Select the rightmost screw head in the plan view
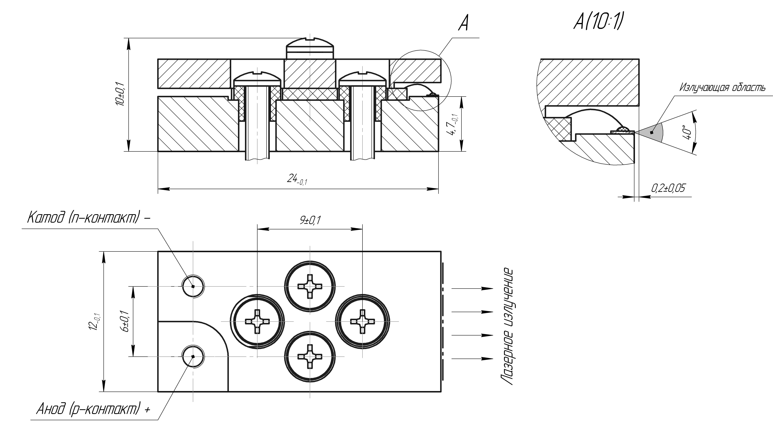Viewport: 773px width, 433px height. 363,321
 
